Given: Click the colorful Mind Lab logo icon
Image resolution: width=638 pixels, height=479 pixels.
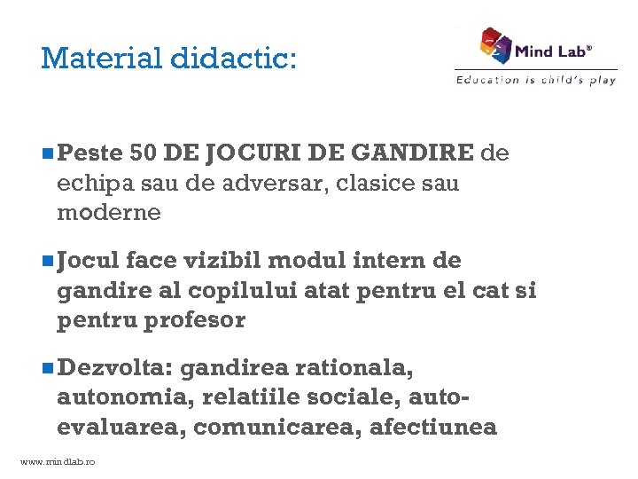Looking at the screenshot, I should pos(496,45).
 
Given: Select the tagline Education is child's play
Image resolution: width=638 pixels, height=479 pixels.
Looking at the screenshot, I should pos(535,80).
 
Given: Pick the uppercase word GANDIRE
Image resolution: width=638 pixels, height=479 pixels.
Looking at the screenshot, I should pos(413,153).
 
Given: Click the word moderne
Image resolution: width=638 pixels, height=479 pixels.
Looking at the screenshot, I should pos(109,213).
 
